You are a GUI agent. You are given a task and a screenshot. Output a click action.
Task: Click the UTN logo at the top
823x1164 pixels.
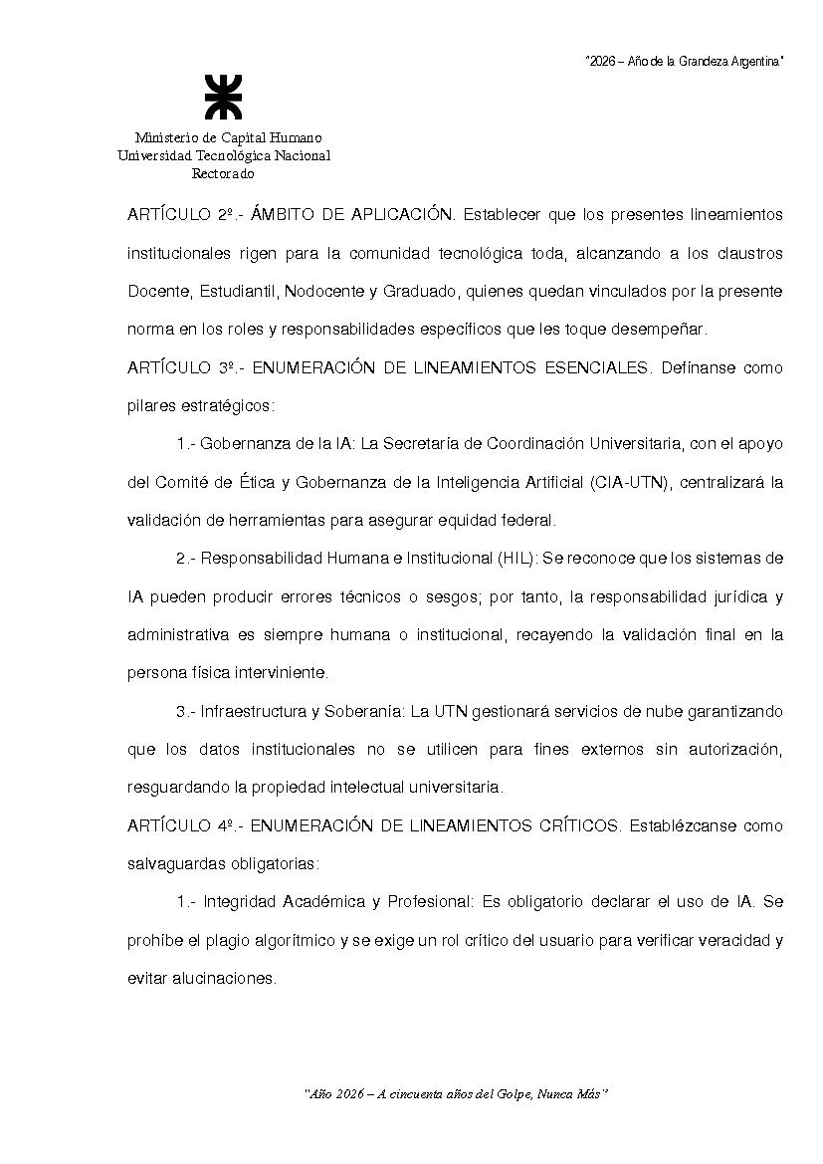[x=223, y=97]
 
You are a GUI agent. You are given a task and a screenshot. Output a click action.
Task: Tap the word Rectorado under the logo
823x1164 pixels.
[x=223, y=174]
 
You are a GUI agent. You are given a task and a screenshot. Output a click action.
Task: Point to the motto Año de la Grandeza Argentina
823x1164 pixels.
[x=685, y=62]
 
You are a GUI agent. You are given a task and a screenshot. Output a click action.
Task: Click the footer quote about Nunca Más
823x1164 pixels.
[x=456, y=1093]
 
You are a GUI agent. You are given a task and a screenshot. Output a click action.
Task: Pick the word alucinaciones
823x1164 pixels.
[x=224, y=978]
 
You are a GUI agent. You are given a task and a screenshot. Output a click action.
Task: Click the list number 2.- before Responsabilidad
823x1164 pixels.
[x=187, y=559]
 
